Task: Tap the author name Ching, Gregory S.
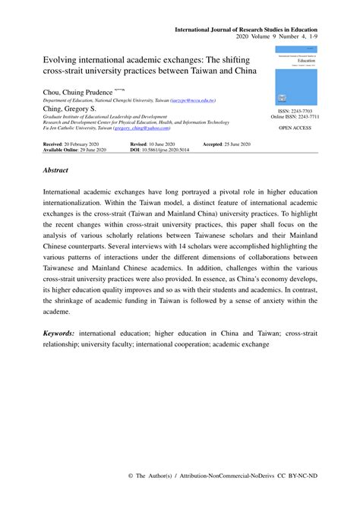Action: pyautogui.click(x=69, y=108)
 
